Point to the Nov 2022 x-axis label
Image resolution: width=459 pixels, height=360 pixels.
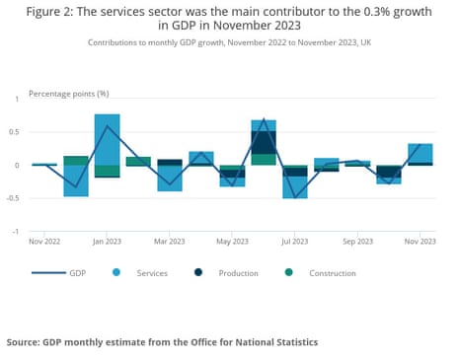coord(44,241)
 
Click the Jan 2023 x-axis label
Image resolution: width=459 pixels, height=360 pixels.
coord(108,241)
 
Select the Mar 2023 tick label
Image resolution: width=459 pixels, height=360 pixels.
coord(170,241)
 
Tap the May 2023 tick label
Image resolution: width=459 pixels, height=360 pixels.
coord(232,241)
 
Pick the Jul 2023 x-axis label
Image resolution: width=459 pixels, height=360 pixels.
coord(294,241)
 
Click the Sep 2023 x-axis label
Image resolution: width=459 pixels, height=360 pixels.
coord(357,241)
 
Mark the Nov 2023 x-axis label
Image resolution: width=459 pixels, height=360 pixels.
coord(420,241)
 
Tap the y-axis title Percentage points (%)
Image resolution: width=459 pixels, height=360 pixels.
coord(69,93)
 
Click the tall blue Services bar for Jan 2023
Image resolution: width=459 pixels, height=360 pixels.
coord(108,138)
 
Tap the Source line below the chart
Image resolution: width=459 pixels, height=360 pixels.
coord(163,341)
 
